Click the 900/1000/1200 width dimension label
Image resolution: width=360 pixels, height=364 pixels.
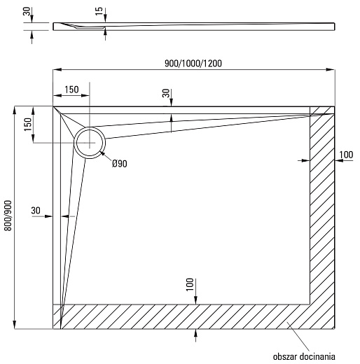(x=193, y=63)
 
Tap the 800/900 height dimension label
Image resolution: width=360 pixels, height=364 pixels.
(x=8, y=216)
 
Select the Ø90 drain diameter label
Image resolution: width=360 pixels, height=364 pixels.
(x=120, y=164)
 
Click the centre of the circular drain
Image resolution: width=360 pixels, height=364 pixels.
(x=90, y=142)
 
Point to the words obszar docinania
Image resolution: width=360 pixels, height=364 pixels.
(x=304, y=356)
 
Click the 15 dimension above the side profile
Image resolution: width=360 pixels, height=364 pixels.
(x=99, y=11)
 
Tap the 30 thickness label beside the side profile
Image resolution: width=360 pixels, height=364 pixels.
(x=27, y=11)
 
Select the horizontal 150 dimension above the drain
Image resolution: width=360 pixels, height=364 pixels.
(x=71, y=90)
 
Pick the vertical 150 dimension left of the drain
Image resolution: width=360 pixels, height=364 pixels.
(x=28, y=125)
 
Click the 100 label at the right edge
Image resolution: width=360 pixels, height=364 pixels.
(x=346, y=155)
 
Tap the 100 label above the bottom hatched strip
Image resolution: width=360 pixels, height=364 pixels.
(x=190, y=285)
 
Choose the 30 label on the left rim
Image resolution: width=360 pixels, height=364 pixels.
(x=36, y=211)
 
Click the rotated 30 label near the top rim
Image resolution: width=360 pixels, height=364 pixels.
(x=166, y=93)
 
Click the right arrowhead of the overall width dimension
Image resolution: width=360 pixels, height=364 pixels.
(x=331, y=69)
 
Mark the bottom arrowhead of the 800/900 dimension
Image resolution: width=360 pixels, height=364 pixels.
(x=15, y=325)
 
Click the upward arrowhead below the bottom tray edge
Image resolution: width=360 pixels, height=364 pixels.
(x=195, y=333)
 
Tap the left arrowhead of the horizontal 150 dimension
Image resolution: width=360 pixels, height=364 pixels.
(x=57, y=95)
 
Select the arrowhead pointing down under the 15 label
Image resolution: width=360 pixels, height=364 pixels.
(x=105, y=18)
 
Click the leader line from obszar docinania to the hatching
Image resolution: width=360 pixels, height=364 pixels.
(x=298, y=336)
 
